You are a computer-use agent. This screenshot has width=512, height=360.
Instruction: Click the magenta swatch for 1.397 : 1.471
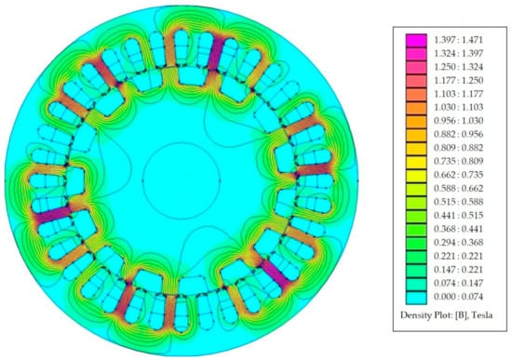(416, 40)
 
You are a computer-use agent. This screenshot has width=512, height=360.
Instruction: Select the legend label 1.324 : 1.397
(458, 53)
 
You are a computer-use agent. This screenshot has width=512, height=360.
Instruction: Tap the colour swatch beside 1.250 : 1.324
(416, 67)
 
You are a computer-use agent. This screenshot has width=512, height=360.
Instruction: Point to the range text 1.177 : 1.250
(458, 80)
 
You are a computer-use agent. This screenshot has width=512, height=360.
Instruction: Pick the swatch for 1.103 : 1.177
(416, 94)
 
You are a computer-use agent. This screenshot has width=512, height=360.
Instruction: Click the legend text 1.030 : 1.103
(458, 107)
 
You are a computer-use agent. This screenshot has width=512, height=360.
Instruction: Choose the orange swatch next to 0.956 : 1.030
(416, 122)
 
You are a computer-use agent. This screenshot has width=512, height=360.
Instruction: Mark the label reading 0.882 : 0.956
(458, 135)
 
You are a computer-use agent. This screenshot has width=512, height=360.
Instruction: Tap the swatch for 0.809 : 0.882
(416, 149)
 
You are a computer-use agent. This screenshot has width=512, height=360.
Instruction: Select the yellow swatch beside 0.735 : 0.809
(416, 162)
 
